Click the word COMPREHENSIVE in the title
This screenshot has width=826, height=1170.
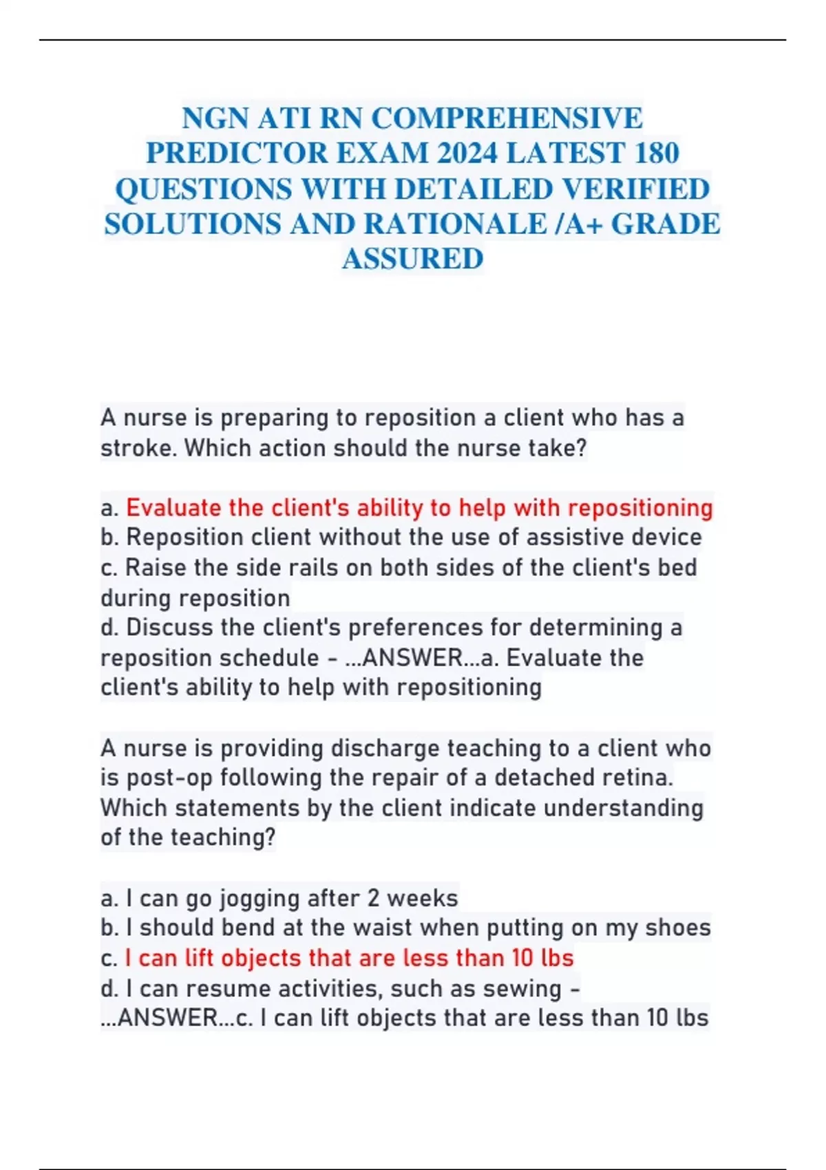coord(507,118)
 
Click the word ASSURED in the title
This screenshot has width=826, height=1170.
coord(413,259)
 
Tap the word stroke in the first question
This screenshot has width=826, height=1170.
coord(138,448)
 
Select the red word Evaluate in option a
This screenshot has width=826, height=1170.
coord(175,508)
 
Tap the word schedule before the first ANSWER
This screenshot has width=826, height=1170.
coord(270,658)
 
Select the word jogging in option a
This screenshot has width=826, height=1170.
coord(260,899)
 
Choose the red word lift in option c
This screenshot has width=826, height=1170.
coord(199,958)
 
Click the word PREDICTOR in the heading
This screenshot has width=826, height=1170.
coord(237,153)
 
